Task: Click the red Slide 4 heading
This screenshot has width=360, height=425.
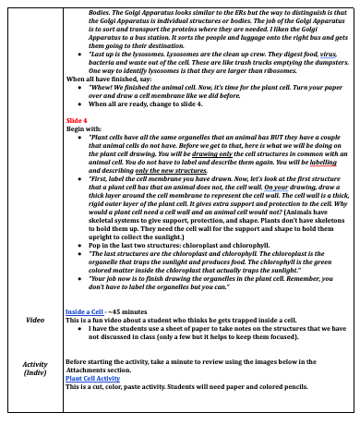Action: click(77, 120)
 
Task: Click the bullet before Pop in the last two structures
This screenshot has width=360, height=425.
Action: click(80, 244)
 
